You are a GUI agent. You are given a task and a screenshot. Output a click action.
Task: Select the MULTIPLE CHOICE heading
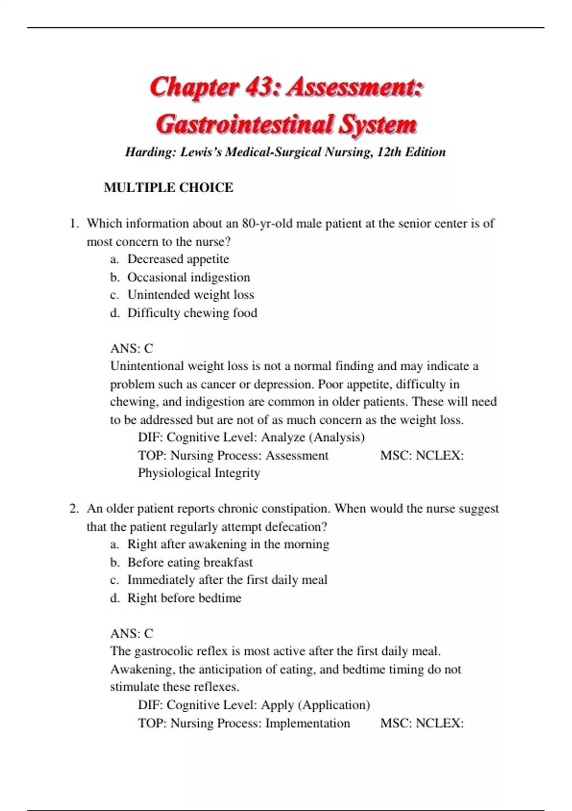click(x=168, y=187)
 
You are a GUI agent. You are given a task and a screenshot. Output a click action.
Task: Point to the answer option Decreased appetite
click(x=178, y=259)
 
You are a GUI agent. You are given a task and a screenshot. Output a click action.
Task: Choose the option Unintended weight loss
click(x=190, y=295)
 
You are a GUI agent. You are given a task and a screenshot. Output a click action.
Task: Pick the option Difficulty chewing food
click(x=192, y=313)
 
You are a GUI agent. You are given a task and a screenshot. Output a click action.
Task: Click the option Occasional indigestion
click(x=188, y=277)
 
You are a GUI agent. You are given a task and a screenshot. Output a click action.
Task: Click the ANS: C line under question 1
click(x=132, y=348)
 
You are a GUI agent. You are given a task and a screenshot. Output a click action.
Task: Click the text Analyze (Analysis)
click(x=313, y=437)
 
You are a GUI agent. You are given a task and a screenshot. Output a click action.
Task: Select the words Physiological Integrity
click(x=199, y=473)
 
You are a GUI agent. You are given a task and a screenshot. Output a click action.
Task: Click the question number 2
click(x=74, y=509)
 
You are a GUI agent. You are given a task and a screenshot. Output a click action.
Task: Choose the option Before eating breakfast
click(x=190, y=562)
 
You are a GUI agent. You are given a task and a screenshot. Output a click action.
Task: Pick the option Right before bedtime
click(x=184, y=598)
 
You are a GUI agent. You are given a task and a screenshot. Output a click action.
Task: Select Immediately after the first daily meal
click(x=227, y=580)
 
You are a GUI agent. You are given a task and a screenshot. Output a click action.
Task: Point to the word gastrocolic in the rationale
click(x=163, y=651)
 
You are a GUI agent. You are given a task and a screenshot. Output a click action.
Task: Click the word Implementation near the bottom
click(x=307, y=723)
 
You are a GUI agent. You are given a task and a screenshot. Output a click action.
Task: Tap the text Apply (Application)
click(x=316, y=705)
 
